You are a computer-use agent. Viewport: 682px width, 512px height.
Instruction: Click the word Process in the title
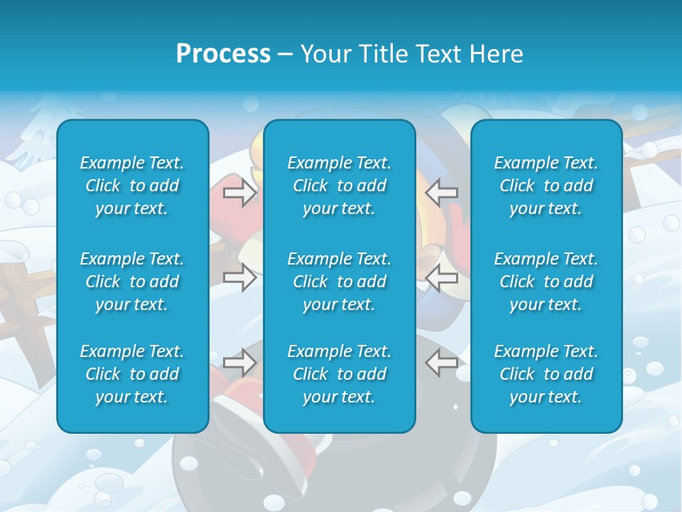(223, 54)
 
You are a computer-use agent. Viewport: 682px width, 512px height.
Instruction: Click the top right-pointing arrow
(240, 192)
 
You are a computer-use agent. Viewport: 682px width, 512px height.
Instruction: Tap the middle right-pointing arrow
(240, 277)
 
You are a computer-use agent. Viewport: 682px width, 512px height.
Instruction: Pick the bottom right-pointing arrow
(240, 363)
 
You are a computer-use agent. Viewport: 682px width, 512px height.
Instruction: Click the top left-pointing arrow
(441, 192)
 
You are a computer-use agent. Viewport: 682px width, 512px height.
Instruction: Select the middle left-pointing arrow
(441, 277)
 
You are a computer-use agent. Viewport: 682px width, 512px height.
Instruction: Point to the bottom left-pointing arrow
(441, 363)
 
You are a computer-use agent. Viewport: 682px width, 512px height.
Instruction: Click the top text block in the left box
(132, 186)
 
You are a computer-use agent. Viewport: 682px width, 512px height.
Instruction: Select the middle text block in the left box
(132, 282)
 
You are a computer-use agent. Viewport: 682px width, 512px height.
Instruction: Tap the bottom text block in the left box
(132, 374)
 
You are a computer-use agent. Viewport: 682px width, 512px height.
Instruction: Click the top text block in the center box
(340, 186)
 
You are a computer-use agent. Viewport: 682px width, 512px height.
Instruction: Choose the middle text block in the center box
(340, 282)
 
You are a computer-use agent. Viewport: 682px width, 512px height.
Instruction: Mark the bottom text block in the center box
(340, 374)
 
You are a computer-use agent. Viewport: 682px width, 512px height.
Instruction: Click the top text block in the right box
(546, 186)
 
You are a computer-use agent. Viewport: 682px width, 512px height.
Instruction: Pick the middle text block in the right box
(546, 282)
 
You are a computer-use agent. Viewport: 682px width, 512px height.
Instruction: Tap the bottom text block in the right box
(546, 374)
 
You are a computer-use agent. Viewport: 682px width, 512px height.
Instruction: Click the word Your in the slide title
(325, 54)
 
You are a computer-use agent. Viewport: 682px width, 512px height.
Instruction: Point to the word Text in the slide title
(436, 54)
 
